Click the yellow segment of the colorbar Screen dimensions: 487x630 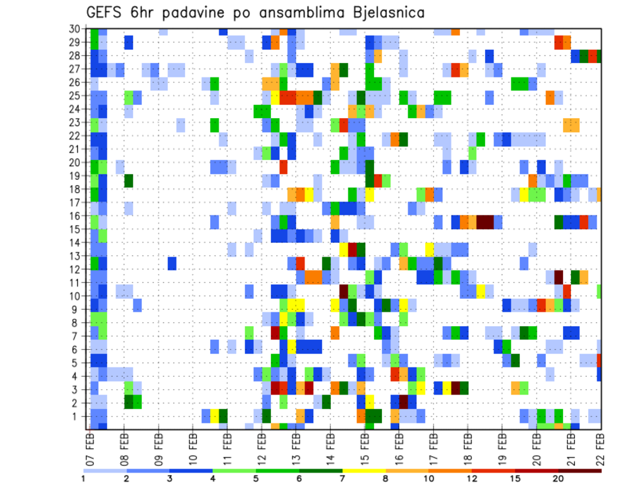[x=364, y=471]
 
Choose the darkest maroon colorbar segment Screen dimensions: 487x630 [x=580, y=471]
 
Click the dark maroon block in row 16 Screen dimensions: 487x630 [x=485, y=221]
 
